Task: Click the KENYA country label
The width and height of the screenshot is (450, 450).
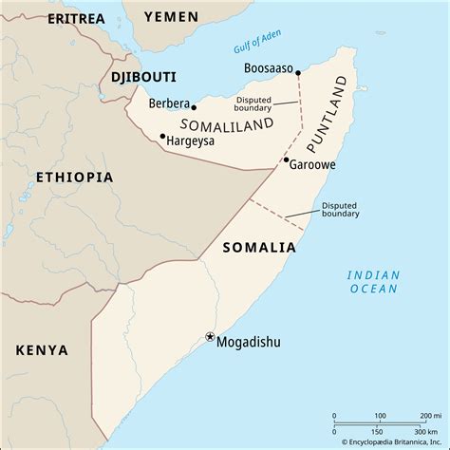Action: (42, 349)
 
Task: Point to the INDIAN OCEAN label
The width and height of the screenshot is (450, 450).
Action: (373, 281)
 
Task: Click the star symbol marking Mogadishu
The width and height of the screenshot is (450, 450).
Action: (210, 336)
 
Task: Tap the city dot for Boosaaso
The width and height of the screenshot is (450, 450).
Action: (299, 72)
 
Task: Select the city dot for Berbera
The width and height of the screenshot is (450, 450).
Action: (194, 107)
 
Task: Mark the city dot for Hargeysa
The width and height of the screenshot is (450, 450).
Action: (162, 136)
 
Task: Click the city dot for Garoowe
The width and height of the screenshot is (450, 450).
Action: (285, 161)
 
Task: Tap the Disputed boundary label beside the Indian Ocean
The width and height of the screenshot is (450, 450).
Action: (340, 209)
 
